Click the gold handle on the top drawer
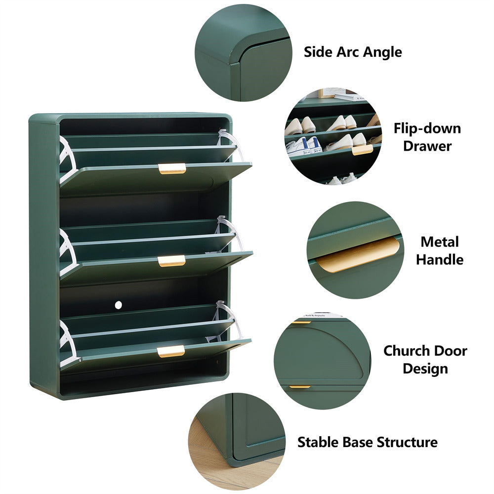tap(172, 168)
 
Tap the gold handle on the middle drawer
tap(172, 261)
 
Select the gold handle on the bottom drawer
tap(171, 351)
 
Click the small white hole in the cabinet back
tap(118, 305)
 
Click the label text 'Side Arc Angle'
tap(353, 52)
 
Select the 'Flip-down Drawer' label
tap(427, 137)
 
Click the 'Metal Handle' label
tap(440, 250)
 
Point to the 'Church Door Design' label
tap(425, 359)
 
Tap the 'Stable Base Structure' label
tap(367, 442)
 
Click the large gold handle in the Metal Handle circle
tap(358, 254)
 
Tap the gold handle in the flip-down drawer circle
tap(362, 149)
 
